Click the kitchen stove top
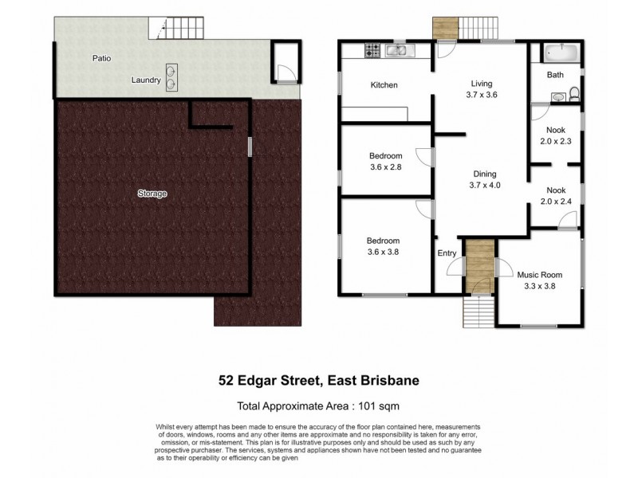tap(372, 52)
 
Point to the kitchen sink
tap(396, 52)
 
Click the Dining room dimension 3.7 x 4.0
tap(481, 185)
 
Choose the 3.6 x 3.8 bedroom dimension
tap(382, 253)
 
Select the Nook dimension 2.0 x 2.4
tap(556, 202)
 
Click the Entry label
tap(447, 253)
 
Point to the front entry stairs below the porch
tap(478, 311)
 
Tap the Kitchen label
tap(384, 85)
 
